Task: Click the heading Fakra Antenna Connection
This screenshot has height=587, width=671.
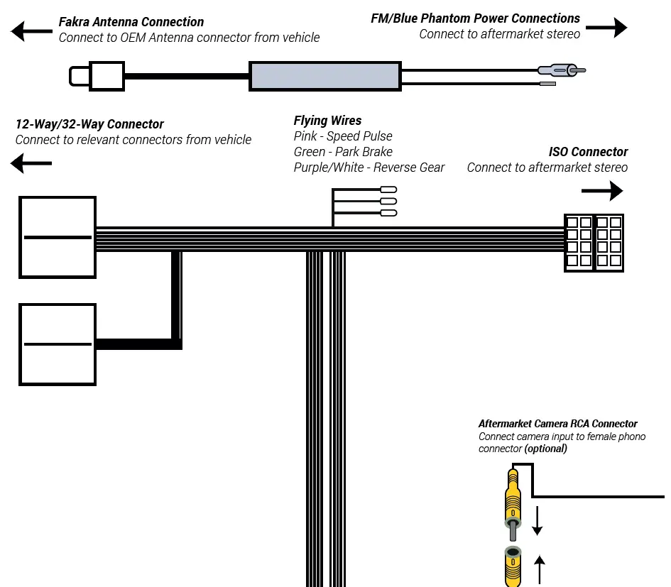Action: [x=131, y=22]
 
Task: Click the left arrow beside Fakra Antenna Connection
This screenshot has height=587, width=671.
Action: [x=28, y=31]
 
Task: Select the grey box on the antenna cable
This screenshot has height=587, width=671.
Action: [x=324, y=76]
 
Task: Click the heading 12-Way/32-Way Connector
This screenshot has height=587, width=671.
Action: [x=89, y=124]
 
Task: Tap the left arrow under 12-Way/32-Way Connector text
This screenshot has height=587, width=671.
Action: [x=31, y=165]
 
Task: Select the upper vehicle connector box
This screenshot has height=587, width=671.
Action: [x=58, y=236]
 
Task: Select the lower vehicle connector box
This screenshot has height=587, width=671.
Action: [x=58, y=344]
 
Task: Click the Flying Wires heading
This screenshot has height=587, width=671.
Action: [x=327, y=121]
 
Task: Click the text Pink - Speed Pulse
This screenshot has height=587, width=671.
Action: [x=342, y=136]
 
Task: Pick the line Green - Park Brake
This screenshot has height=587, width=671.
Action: [x=342, y=152]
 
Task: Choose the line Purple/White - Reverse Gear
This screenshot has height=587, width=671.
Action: [x=369, y=168]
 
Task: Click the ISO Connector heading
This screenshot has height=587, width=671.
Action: [x=588, y=152]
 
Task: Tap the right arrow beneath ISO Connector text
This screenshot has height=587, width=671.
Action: [x=601, y=191]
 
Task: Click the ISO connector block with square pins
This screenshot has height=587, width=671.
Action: [x=594, y=242]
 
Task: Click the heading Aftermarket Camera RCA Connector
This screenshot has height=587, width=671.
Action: [x=557, y=424]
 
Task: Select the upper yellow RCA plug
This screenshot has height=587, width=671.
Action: [x=511, y=500]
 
